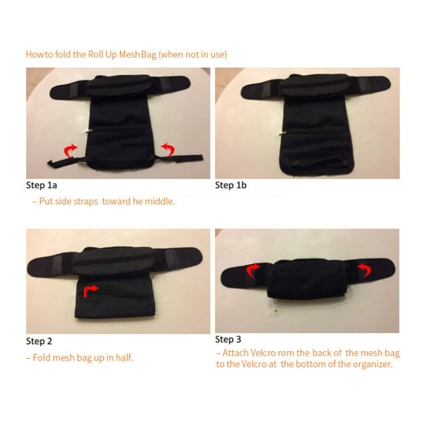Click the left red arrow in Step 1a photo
click(x=69, y=150)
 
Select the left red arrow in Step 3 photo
click(x=253, y=270)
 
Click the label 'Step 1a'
click(x=42, y=185)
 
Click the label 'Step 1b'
click(x=231, y=185)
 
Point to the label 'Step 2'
click(x=39, y=341)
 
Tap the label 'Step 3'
click(x=228, y=339)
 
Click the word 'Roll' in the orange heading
click(x=96, y=55)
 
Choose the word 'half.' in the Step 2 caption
click(x=124, y=358)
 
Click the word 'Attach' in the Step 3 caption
click(x=235, y=352)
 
